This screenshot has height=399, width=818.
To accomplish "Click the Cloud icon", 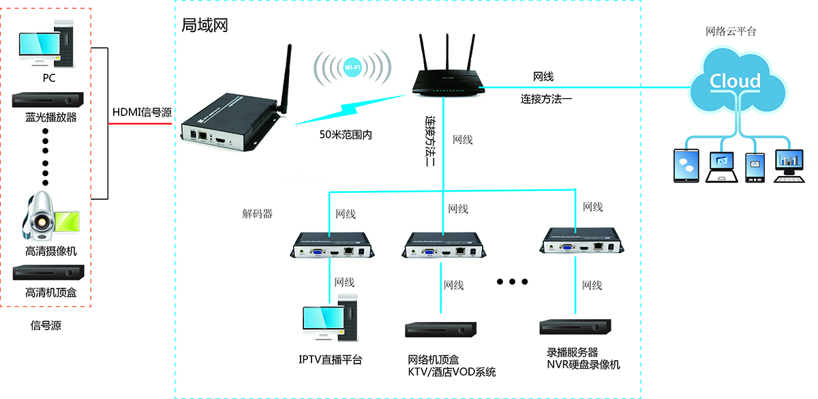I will click(735, 82).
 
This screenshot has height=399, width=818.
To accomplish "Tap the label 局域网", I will click(204, 26).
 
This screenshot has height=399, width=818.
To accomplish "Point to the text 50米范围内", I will click(346, 134).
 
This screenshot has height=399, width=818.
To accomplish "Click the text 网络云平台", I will click(731, 31).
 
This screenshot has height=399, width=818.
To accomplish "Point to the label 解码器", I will click(258, 213).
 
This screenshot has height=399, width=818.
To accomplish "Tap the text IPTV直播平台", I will click(331, 359).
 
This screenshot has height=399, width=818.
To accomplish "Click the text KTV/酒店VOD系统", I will click(451, 372).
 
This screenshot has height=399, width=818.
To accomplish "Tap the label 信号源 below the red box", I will click(46, 325).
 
